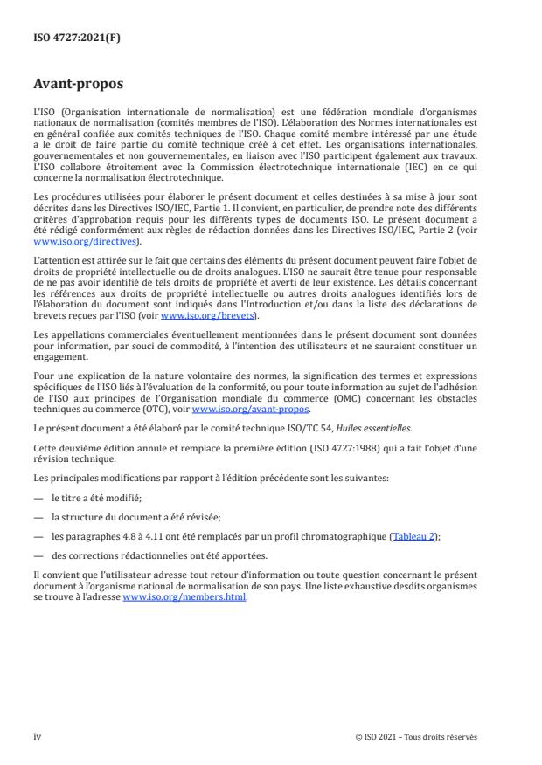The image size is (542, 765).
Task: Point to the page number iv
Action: [x=38, y=736]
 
